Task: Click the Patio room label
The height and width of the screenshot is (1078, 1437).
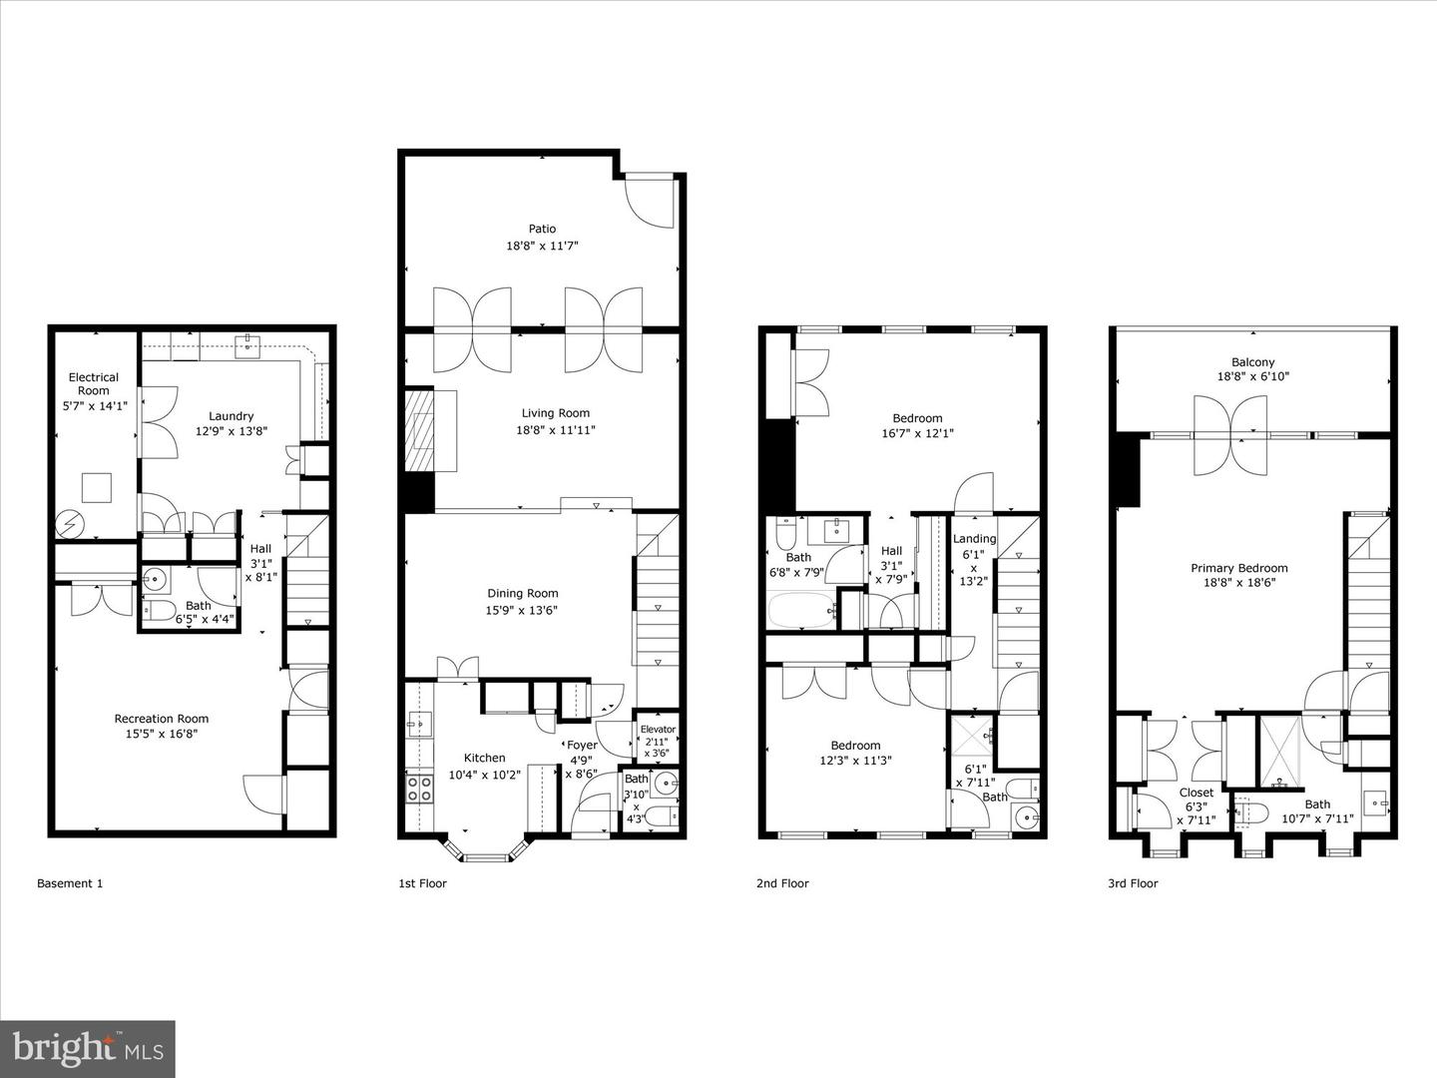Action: pos(542,229)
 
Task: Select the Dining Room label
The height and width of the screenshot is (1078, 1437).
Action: pos(522,593)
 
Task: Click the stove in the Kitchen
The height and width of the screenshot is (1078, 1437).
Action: pos(420,789)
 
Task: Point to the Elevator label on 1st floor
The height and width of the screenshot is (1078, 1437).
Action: pos(658,730)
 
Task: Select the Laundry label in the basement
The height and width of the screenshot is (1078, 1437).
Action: pos(231,416)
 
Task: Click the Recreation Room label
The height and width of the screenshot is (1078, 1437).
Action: pos(161,719)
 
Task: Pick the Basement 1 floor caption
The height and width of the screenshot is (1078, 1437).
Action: pos(70,883)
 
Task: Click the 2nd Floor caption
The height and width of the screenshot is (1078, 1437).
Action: pos(782,883)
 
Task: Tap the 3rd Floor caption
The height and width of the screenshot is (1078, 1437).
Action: pos(1132,883)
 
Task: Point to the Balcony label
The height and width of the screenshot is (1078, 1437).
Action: pos(1252,362)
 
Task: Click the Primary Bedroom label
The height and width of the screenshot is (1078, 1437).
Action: pos(1238,568)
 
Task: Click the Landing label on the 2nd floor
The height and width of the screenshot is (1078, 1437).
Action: pos(974,539)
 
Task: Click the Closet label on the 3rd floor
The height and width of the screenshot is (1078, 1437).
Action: pos(1196,793)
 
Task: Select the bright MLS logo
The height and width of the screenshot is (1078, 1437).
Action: pos(88,1049)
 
